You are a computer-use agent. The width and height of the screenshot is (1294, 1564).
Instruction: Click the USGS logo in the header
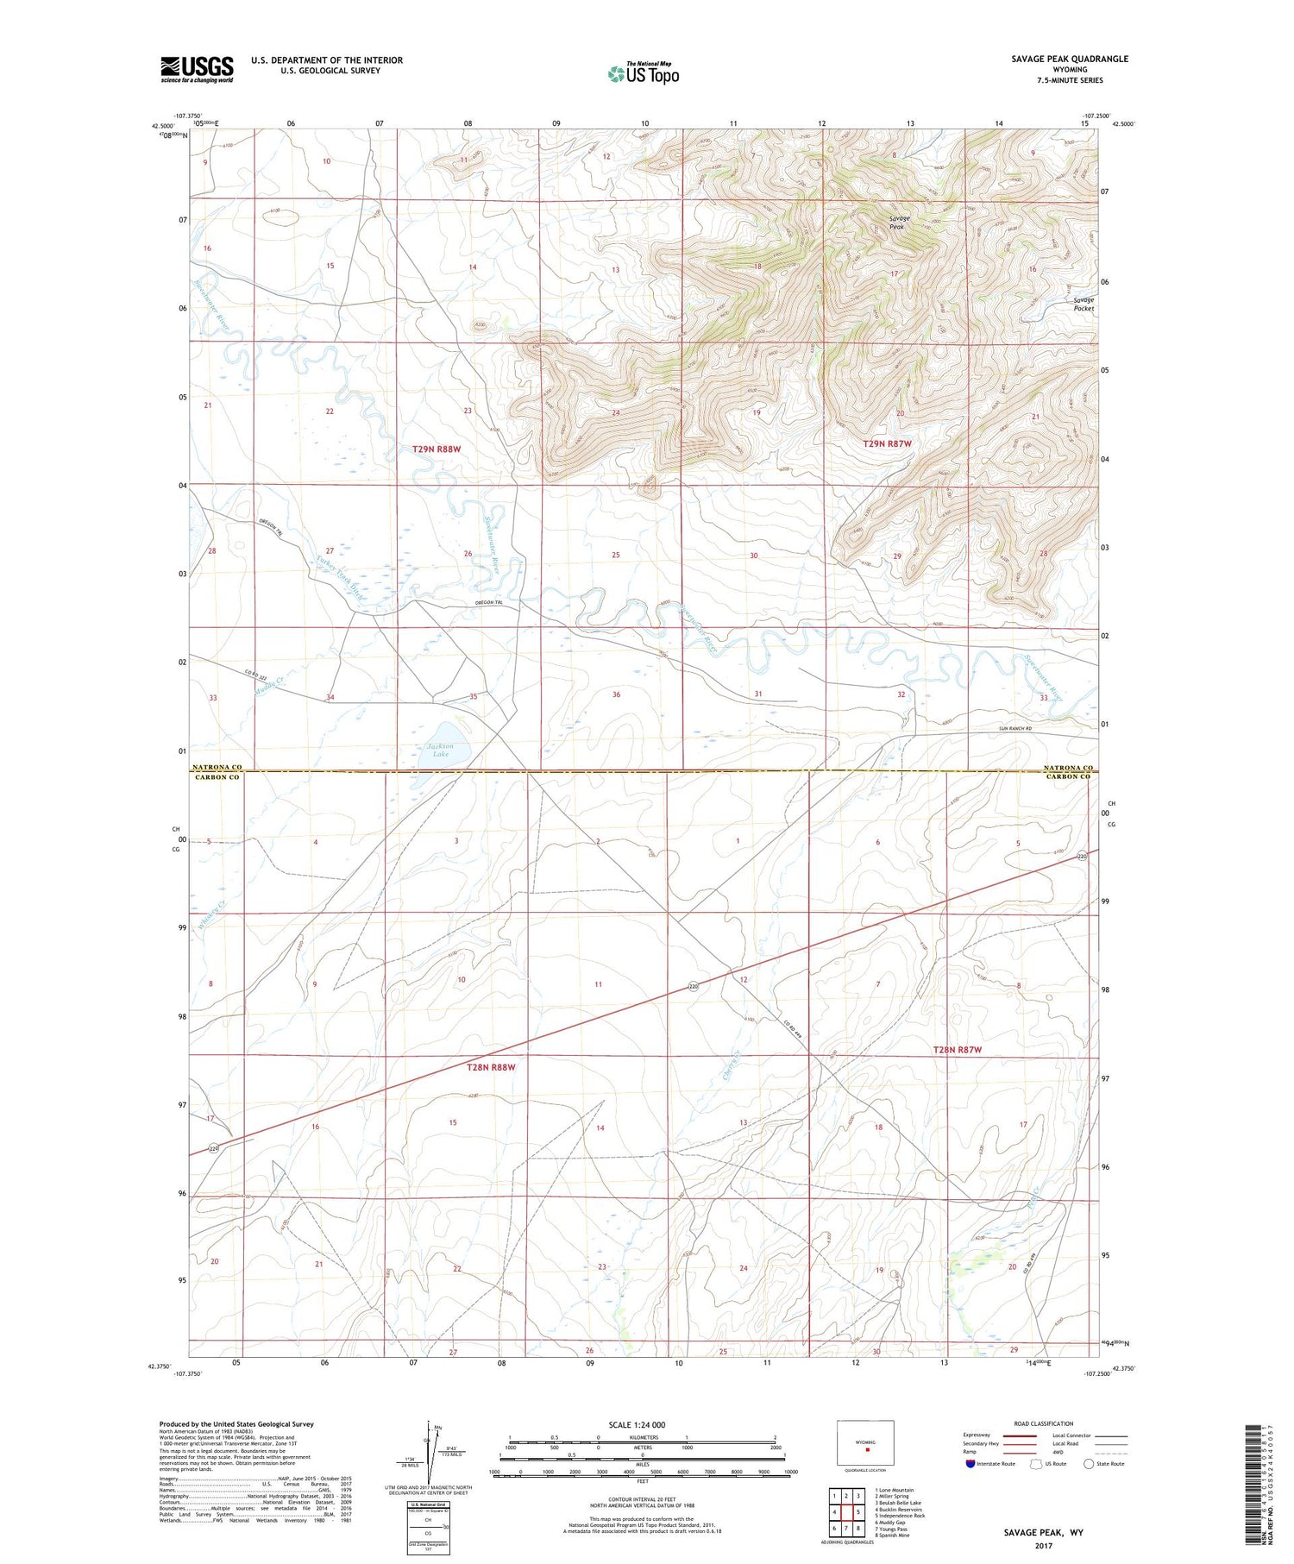tap(197, 69)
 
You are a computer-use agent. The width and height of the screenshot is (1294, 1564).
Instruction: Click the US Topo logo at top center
tap(643, 73)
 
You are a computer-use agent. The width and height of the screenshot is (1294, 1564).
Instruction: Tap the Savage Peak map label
tap(900, 222)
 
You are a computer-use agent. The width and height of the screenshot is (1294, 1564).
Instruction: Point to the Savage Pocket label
tap(1084, 304)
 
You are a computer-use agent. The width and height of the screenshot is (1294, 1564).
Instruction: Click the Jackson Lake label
tap(441, 750)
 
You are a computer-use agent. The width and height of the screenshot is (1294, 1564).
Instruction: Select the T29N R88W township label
tap(437, 449)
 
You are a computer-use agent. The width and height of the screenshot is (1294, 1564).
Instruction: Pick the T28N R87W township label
tap(958, 1050)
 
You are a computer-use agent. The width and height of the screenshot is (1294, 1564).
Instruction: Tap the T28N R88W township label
tap(491, 1067)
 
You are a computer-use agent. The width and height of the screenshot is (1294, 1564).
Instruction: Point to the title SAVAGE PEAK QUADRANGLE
tap(1070, 59)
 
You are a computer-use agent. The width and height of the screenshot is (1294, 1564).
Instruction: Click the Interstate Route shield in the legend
tap(971, 1463)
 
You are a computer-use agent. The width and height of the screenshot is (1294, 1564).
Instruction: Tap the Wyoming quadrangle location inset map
tap(865, 1443)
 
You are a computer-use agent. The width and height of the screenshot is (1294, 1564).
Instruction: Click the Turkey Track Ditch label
tap(339, 581)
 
